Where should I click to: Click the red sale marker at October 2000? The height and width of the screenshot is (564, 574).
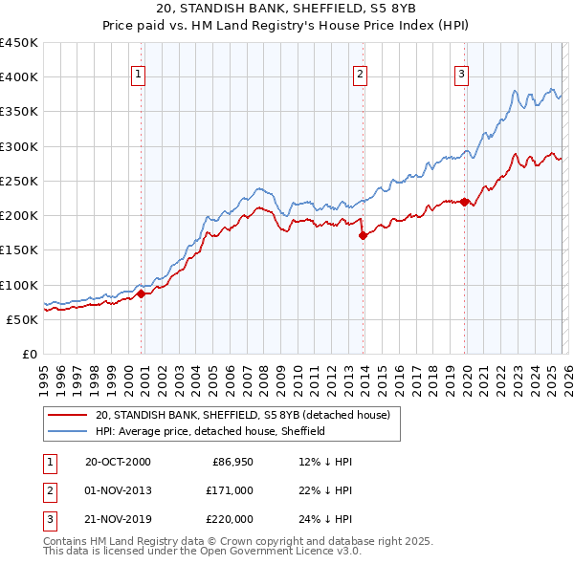pos(141,294)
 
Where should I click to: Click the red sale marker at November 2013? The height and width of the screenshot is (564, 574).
pos(363,236)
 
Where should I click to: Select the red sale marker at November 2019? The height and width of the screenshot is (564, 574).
pos(465,202)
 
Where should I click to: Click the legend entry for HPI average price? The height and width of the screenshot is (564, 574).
pos(210,431)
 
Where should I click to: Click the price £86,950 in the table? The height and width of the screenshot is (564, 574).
pos(230,462)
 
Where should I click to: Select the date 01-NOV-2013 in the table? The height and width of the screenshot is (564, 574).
pos(118,490)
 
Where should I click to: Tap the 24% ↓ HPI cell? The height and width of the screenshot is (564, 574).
pos(325,519)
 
